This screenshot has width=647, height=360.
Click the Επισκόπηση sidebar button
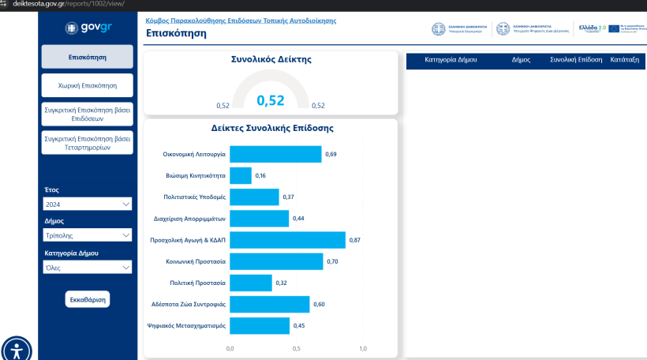pyautogui.click(x=88, y=57)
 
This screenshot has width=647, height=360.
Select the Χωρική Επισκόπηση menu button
pyautogui.click(x=88, y=84)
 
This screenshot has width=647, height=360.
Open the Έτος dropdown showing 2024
pyautogui.click(x=88, y=204)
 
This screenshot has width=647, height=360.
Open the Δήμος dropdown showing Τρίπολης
pyautogui.click(x=88, y=234)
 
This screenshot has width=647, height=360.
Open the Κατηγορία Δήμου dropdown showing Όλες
pyautogui.click(x=88, y=268)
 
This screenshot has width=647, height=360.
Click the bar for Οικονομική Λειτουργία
pyautogui.click(x=275, y=154)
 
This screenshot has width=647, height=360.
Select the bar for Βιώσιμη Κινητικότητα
pyautogui.click(x=241, y=175)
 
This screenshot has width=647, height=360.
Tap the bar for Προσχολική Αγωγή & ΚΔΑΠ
pyautogui.click(x=287, y=240)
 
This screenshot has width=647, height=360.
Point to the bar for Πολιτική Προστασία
pyautogui.click(x=251, y=283)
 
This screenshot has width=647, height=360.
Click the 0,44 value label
pyautogui.click(x=298, y=218)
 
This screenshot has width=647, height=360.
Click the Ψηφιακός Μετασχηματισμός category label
pyautogui.click(x=187, y=325)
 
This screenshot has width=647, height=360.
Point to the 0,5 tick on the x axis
pyautogui.click(x=297, y=348)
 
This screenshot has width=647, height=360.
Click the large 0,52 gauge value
pyautogui.click(x=271, y=100)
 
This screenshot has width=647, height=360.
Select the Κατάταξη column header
pyautogui.click(x=625, y=59)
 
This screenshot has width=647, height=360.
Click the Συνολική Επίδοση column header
pyautogui.click(x=576, y=59)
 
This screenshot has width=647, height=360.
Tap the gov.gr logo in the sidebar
pyautogui.click(x=88, y=28)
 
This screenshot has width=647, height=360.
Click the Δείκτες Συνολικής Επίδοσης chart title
pyautogui.click(x=272, y=128)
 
